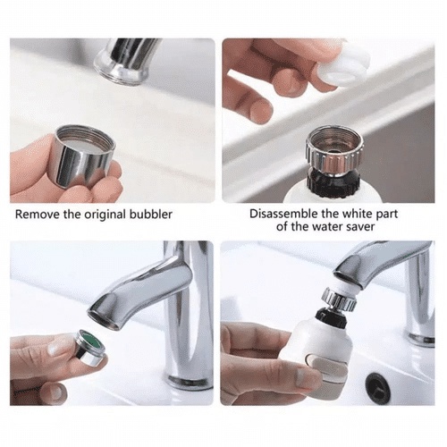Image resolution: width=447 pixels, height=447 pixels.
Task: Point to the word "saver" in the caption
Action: [x=360, y=227]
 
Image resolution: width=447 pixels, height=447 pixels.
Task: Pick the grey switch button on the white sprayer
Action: [x=328, y=367]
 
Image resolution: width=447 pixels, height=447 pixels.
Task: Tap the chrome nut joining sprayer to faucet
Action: [x=340, y=299]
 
